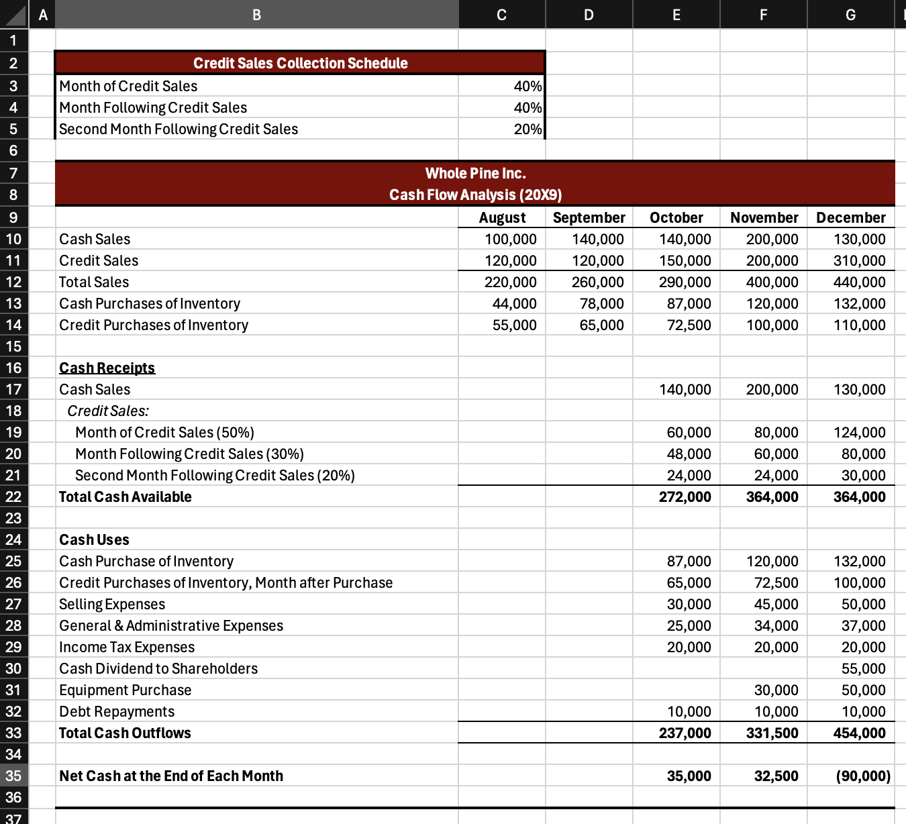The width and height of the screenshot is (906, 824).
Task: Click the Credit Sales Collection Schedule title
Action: [300, 63]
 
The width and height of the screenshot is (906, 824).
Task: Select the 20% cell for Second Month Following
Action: [527, 129]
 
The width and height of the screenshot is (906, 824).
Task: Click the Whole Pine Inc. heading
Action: [475, 173]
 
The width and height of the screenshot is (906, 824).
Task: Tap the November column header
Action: [764, 217]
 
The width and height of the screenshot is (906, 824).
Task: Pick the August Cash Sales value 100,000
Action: [510, 239]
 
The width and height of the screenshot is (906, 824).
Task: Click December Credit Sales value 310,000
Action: [859, 260]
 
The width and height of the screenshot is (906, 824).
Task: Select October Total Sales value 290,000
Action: [685, 282]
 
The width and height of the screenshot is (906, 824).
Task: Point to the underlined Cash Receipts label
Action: [107, 368]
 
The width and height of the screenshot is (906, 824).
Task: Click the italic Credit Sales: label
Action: [108, 411]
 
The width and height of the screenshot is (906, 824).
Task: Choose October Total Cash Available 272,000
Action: [685, 497]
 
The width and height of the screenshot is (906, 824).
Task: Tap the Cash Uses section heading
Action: [94, 539]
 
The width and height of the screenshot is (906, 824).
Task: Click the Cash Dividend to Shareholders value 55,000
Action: [863, 668]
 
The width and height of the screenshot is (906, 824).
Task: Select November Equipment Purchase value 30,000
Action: [776, 690]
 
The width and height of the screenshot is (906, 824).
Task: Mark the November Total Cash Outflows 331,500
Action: [772, 733]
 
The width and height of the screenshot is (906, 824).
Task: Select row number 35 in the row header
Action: [13, 776]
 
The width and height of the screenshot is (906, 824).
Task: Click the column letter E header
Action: [676, 15]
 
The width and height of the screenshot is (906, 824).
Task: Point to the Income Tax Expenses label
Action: [127, 647]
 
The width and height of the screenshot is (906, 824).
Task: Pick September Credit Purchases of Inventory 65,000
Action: [601, 325]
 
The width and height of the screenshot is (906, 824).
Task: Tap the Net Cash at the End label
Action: [171, 776]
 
